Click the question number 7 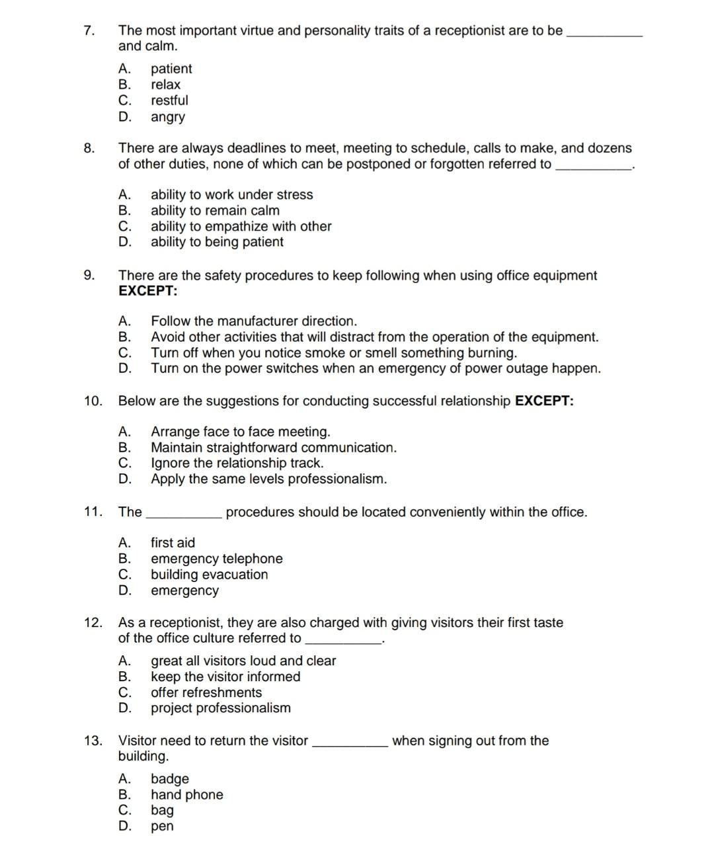coord(89,30)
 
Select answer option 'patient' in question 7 coord(171,69)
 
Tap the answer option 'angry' coord(168,117)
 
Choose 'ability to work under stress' coord(231,194)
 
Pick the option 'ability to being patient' coord(217,242)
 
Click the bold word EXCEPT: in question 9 coord(148,291)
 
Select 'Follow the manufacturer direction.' coord(254,321)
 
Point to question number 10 coord(93,401)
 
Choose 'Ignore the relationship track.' coord(237,463)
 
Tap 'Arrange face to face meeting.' coord(240,432)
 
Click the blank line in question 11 coord(183,516)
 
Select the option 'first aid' coord(173,543)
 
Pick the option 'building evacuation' coord(209,575)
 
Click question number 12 coord(93,622)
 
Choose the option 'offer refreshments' coord(206,692)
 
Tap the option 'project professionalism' coord(220,708)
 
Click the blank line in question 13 coord(350,745)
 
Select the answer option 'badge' coord(170,779)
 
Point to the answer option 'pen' coord(162,826)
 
